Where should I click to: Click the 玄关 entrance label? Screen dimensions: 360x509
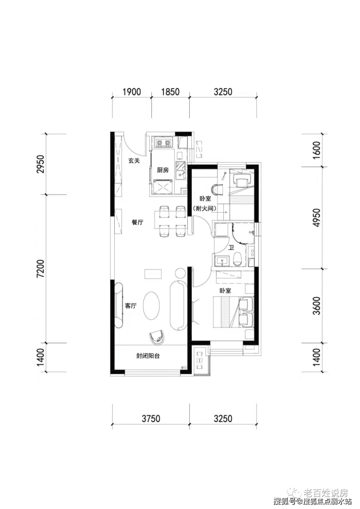point(134,161)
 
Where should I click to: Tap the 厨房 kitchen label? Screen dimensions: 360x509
point(162,170)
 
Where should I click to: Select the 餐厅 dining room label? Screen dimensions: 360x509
point(138,222)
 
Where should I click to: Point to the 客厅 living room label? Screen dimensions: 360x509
point(130,306)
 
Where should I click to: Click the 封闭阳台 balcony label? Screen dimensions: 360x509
point(148,356)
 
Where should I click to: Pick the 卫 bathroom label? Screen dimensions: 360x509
point(231,248)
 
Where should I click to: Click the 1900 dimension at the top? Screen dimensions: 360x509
point(132,92)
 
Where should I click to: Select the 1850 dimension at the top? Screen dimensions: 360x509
point(170,92)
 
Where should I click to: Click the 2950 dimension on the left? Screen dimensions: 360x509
point(41,164)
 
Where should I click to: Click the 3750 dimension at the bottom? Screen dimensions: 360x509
point(151,418)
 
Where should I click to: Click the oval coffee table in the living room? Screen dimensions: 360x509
point(152,306)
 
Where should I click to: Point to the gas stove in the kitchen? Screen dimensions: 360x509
point(163,143)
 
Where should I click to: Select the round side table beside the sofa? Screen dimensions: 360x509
point(180,273)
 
